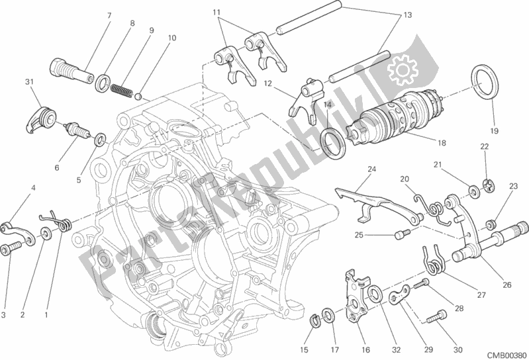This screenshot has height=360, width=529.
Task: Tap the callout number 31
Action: [28, 81]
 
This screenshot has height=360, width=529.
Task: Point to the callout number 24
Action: [371, 169]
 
